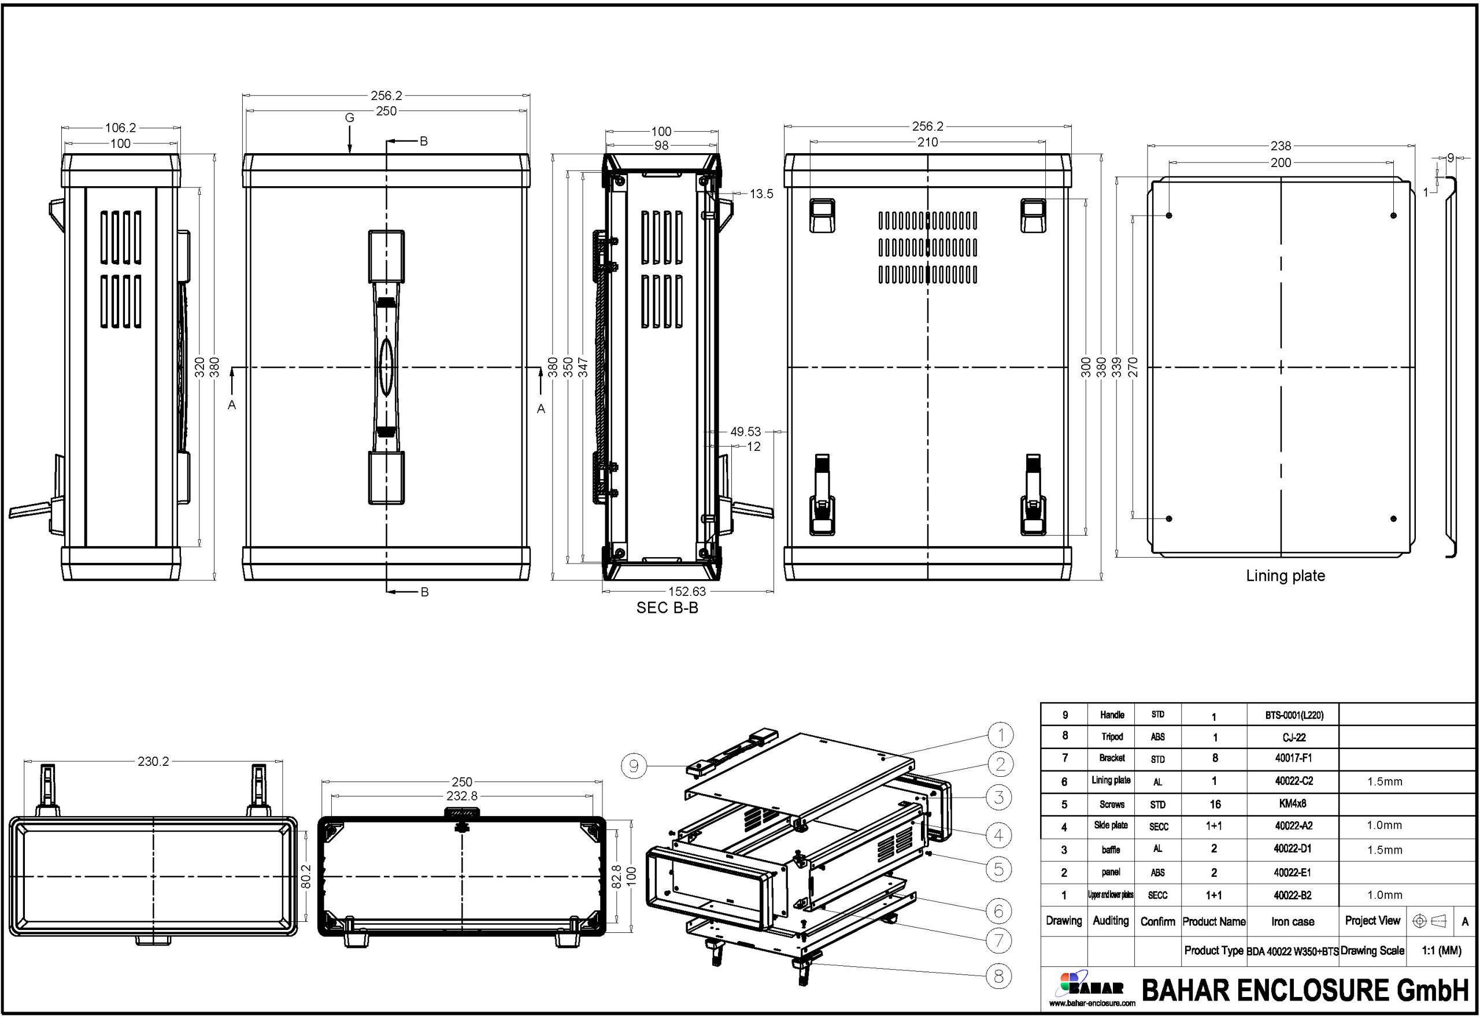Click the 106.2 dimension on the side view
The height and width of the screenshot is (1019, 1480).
tap(121, 128)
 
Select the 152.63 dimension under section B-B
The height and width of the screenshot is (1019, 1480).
tap(686, 591)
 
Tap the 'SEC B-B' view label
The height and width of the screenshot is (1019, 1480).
tap(667, 608)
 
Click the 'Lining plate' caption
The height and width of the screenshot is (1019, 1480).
tap(1285, 576)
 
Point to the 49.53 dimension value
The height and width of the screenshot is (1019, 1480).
tap(746, 432)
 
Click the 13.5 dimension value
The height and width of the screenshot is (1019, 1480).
tap(761, 194)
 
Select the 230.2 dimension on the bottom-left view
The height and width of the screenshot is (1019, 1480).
tap(153, 761)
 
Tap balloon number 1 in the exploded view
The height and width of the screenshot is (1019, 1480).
tap(1000, 736)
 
